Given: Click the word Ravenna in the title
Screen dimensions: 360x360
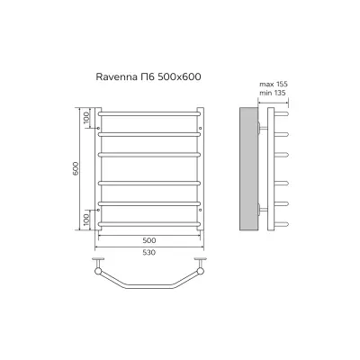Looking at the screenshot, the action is click(x=115, y=77).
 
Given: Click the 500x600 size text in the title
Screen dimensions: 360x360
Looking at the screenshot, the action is click(x=178, y=77).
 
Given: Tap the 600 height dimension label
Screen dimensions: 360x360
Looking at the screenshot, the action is click(x=76, y=168).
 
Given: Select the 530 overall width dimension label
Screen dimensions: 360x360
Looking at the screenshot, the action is click(x=149, y=253).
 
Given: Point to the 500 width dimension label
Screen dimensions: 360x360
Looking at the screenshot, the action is click(x=149, y=240).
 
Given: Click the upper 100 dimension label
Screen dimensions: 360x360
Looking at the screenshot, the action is click(x=86, y=117).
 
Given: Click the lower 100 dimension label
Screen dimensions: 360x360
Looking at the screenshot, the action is click(x=86, y=220).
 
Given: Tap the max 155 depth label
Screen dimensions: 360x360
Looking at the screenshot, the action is click(x=274, y=84).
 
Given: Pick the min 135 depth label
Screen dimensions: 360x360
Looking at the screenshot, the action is click(x=273, y=93).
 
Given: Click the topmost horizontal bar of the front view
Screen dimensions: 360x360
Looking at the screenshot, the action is click(x=149, y=114).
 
